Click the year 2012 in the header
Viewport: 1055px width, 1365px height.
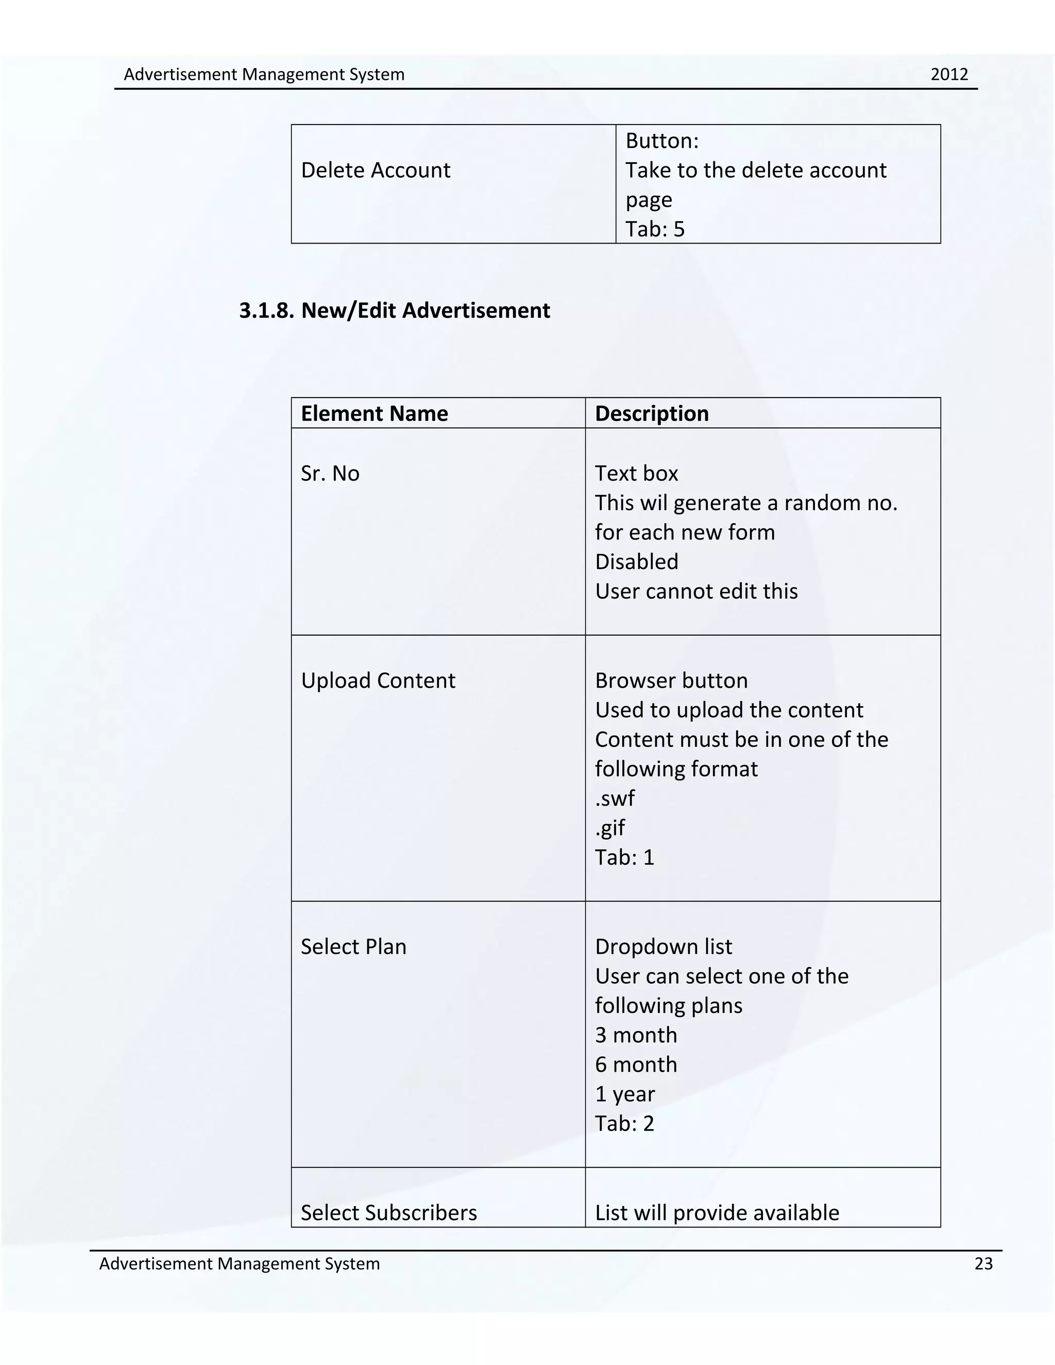coord(949,74)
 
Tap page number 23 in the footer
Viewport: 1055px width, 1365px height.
coord(983,1264)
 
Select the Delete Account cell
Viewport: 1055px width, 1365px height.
coord(375,170)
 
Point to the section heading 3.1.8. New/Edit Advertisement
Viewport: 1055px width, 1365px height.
coord(395,311)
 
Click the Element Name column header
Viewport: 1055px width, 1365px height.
coord(374,414)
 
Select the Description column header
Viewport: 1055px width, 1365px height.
coord(651,414)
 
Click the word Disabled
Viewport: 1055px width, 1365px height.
coord(636,562)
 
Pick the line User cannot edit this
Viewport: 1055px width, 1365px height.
coord(695,591)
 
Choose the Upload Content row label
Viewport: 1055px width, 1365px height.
coord(378,680)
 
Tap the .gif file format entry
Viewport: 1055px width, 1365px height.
coord(609,828)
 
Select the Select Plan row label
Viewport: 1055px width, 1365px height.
coord(353,947)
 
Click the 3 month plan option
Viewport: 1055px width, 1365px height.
coord(636,1035)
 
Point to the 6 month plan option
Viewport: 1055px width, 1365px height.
coord(636,1064)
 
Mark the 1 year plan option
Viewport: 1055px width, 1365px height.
coord(624,1094)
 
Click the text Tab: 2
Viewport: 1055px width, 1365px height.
coord(624,1123)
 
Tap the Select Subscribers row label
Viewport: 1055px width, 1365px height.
coord(388,1213)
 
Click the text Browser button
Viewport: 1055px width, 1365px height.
coord(671,680)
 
